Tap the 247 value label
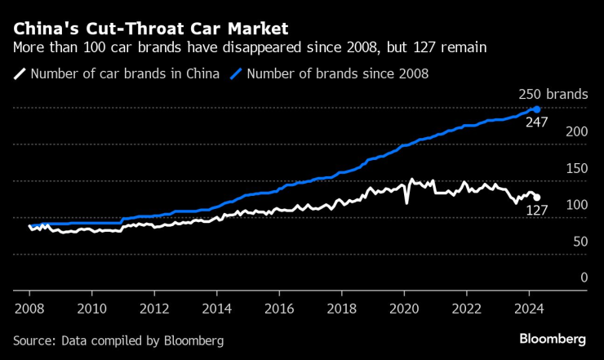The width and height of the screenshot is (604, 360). pyautogui.click(x=535, y=122)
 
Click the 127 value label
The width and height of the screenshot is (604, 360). pyautogui.click(x=535, y=210)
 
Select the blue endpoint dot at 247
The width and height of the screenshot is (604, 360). pyautogui.click(x=536, y=109)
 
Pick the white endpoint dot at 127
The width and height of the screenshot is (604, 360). pyautogui.click(x=536, y=198)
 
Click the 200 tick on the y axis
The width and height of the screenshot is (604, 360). pyautogui.click(x=576, y=131)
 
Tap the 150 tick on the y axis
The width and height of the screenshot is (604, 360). pyautogui.click(x=576, y=168)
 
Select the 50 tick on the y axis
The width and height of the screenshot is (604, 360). pyautogui.click(x=579, y=241)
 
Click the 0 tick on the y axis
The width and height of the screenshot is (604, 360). pyautogui.click(x=583, y=278)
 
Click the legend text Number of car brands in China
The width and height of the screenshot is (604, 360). pyautogui.click(x=125, y=73)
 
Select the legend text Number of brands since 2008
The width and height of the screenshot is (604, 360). pyautogui.click(x=337, y=73)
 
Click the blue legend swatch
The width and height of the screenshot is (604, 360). pyautogui.click(x=236, y=73)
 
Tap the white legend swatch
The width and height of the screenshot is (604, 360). pyautogui.click(x=20, y=73)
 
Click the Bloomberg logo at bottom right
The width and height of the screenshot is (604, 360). pyautogui.click(x=553, y=339)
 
